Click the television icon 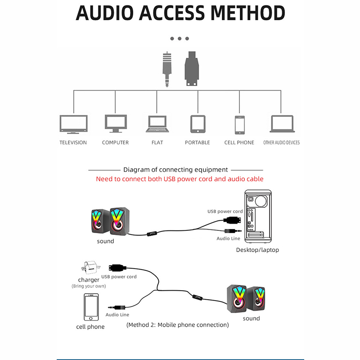pyautogui.click(x=73, y=124)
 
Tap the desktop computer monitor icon pyautogui.click(x=115, y=123)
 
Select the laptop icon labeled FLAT pyautogui.click(x=157, y=124)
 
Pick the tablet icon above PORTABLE pyautogui.click(x=198, y=124)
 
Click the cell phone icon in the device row pyautogui.click(x=239, y=125)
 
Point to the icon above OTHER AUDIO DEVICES pyautogui.click(x=282, y=124)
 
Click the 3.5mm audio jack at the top pyautogui.click(x=167, y=70)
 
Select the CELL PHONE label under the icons pyautogui.click(x=239, y=143)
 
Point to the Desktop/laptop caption pyautogui.click(x=257, y=250)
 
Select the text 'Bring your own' pyautogui.click(x=89, y=286)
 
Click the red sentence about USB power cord pyautogui.click(x=180, y=179)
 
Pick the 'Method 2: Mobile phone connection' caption pyautogui.click(x=177, y=324)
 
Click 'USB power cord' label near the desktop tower pyautogui.click(x=225, y=211)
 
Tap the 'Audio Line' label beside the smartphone pyautogui.click(x=117, y=315)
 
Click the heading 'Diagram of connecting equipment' pyautogui.click(x=175, y=170)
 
